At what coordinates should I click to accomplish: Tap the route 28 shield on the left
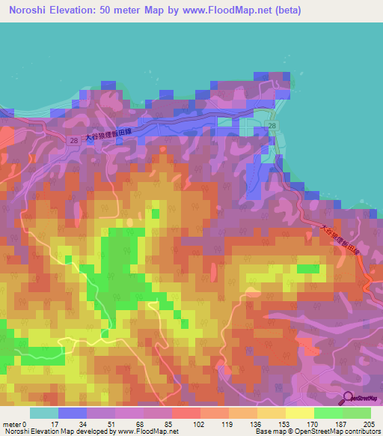(72, 140)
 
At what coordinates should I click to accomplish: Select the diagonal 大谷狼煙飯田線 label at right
(342, 246)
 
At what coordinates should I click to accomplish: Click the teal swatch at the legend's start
(43, 414)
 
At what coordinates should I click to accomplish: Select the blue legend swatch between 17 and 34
(72, 414)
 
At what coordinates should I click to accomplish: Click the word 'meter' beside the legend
(11, 425)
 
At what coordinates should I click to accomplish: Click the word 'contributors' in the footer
(363, 432)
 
